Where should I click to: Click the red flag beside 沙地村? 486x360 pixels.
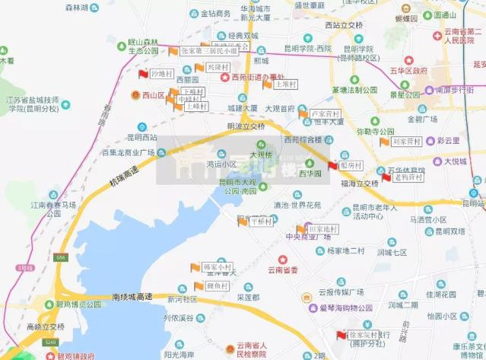tap(142, 73)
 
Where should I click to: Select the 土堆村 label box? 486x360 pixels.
tap(286, 84)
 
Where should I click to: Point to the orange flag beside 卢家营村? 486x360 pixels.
tap(302, 114)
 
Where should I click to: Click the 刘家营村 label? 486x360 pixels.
tap(407, 142)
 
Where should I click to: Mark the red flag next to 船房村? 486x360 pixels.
tap(332, 165)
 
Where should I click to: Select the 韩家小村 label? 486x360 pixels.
tap(218, 268)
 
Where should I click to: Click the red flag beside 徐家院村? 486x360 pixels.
tap(340, 335)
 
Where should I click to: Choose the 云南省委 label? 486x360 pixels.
tap(282, 270)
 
